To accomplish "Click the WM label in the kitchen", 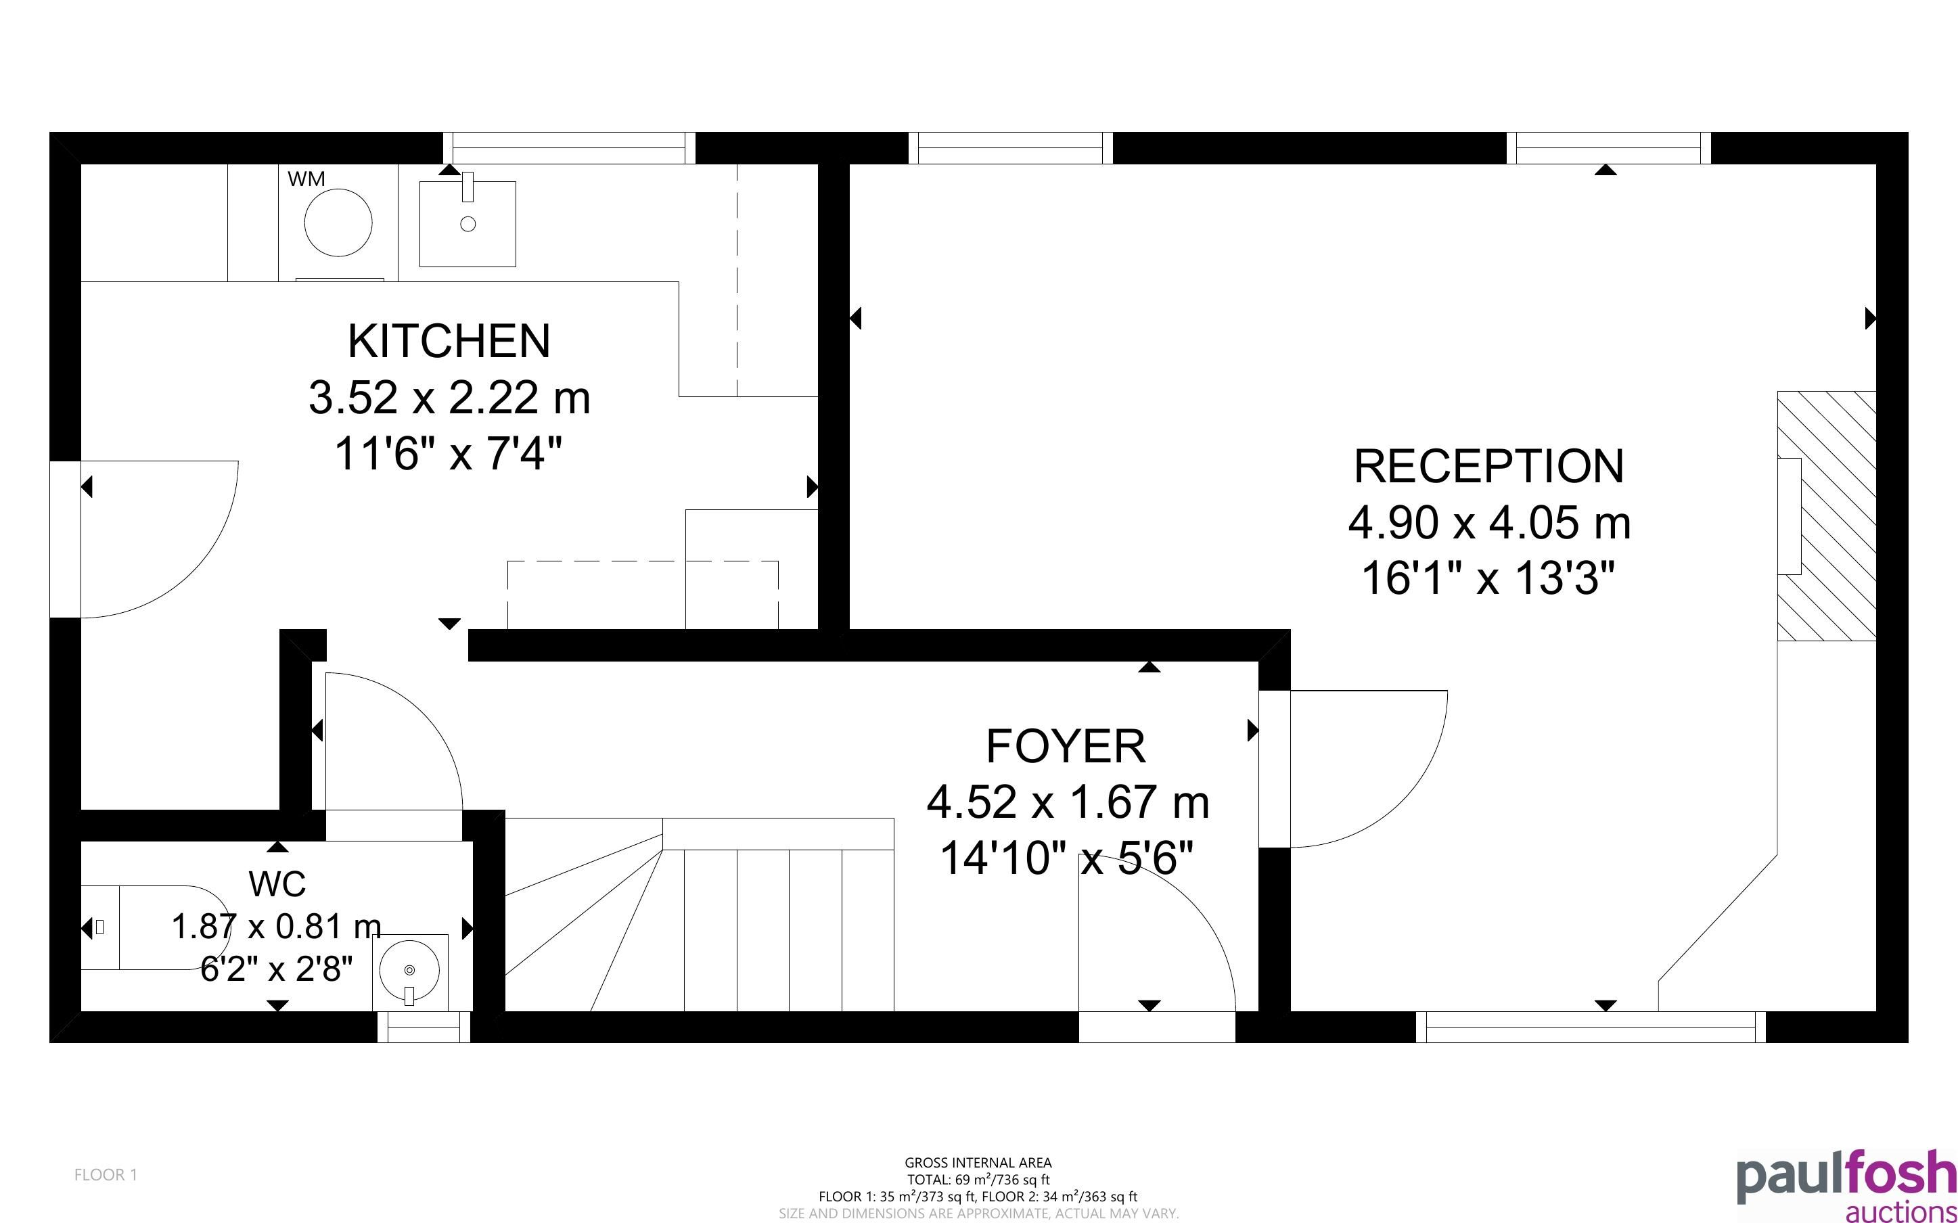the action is click(306, 179).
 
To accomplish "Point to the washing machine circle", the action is click(338, 223).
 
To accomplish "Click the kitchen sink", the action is click(468, 223).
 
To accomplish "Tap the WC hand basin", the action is click(410, 971).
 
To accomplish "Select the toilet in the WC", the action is click(154, 927).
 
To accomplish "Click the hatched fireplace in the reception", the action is click(1826, 516).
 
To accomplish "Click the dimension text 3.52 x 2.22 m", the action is click(449, 397).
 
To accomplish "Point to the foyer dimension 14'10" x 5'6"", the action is click(1066, 858).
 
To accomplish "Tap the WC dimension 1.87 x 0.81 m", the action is click(277, 926).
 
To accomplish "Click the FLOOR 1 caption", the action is click(106, 1174).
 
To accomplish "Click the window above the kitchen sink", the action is click(570, 148).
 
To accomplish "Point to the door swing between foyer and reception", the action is click(1407, 797).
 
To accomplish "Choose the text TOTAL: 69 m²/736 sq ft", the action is click(978, 1179).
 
